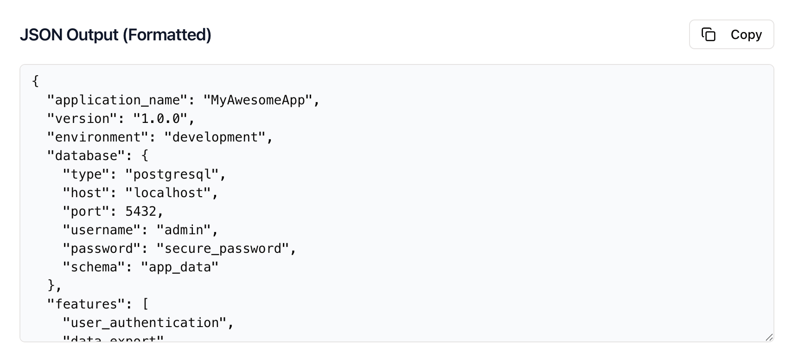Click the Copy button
731,34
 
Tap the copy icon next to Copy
709,34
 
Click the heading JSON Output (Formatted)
115,35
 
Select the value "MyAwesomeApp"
257,100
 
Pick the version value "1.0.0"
160,119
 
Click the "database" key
86,156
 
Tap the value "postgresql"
172,174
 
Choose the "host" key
86,193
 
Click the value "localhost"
168,193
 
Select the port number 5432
141,212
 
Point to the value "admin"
184,230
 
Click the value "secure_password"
223,249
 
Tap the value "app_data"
180,267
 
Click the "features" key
86,304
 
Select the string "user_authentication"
145,323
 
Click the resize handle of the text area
769,337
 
